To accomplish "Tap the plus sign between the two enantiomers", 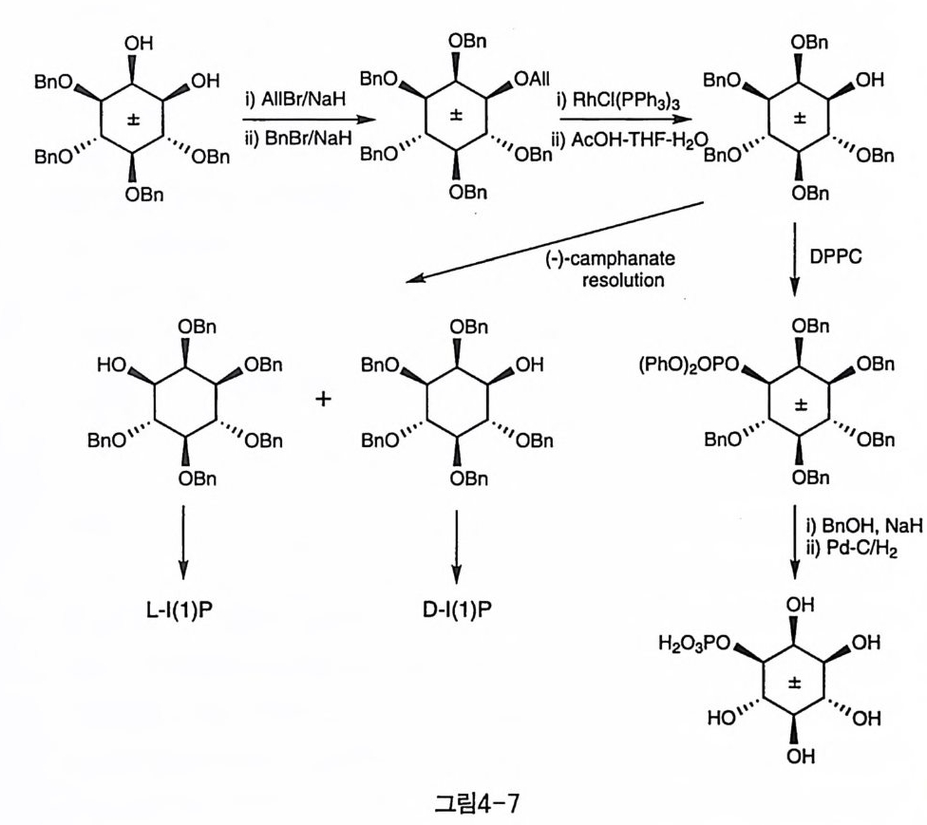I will pyautogui.click(x=324, y=399).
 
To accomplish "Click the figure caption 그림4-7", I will pyautogui.click(x=464, y=803).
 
